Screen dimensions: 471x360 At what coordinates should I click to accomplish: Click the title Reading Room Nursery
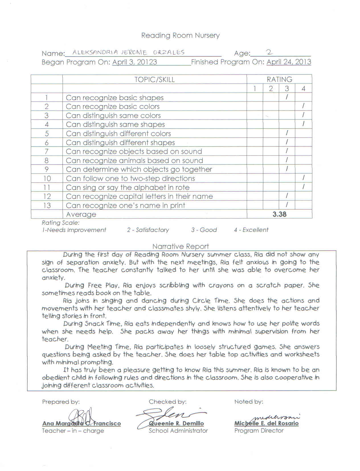click(x=180, y=35)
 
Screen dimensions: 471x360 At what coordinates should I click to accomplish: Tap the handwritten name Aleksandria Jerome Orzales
click(x=128, y=52)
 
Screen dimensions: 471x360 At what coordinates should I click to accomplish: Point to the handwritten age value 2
click(x=269, y=52)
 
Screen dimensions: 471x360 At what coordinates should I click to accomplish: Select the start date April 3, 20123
click(x=134, y=62)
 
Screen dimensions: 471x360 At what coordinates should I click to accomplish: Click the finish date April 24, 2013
click(x=289, y=62)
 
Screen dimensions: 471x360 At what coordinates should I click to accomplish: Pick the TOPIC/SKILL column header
click(x=154, y=79)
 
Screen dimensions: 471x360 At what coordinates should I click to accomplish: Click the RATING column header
click(x=279, y=79)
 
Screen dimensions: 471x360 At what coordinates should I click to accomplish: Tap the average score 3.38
click(x=279, y=214)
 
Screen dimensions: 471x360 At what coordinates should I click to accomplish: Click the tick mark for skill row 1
click(x=287, y=97)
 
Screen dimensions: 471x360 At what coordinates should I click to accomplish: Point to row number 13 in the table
click(x=47, y=205)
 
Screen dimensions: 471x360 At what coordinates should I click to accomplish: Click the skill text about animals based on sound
click(x=134, y=160)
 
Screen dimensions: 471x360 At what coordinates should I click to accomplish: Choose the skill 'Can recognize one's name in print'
click(x=125, y=205)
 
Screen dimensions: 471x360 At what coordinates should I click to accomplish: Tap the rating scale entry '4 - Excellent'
click(x=251, y=230)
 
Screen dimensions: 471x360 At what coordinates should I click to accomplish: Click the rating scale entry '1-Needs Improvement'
click(x=74, y=230)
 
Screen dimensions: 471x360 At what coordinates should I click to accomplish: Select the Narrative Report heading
click(x=180, y=246)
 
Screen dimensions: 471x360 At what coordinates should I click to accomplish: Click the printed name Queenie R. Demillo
click(x=176, y=423)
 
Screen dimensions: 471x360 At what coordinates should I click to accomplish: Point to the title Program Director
click(x=259, y=431)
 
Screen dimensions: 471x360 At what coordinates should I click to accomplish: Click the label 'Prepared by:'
click(x=61, y=402)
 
